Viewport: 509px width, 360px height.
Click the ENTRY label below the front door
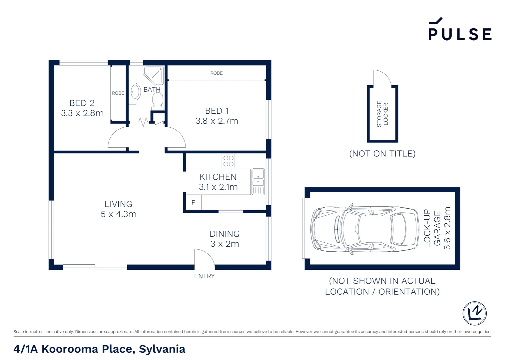click(204, 276)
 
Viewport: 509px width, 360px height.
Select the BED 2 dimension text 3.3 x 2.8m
click(82, 113)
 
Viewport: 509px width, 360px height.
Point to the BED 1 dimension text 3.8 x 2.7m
click(217, 121)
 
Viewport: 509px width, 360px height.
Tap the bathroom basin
click(135, 92)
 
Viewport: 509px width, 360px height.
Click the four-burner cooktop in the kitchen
click(229, 161)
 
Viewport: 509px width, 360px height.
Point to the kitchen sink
click(258, 182)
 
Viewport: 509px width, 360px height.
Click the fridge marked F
click(194, 202)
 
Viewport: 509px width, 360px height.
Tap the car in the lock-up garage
click(365, 229)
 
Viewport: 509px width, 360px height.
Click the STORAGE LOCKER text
click(382, 114)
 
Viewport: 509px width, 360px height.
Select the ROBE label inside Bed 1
click(216, 73)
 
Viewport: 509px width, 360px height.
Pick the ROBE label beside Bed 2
click(118, 93)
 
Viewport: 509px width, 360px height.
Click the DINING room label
click(225, 234)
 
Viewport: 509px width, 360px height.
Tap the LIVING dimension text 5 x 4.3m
click(119, 214)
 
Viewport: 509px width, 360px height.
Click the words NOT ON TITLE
click(382, 154)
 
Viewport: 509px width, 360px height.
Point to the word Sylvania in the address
click(162, 349)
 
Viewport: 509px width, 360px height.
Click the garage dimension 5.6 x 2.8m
click(447, 228)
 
